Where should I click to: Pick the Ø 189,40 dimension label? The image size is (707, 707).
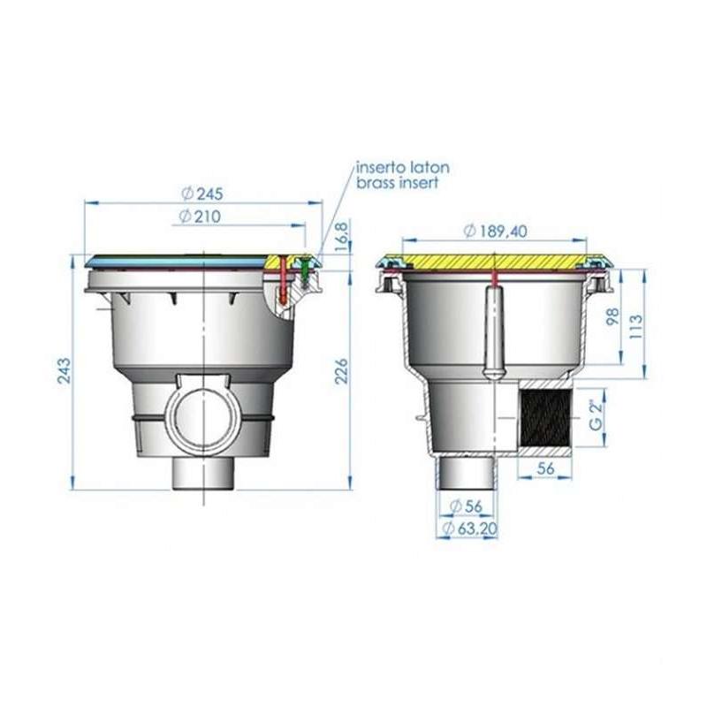pyautogui.click(x=496, y=231)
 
